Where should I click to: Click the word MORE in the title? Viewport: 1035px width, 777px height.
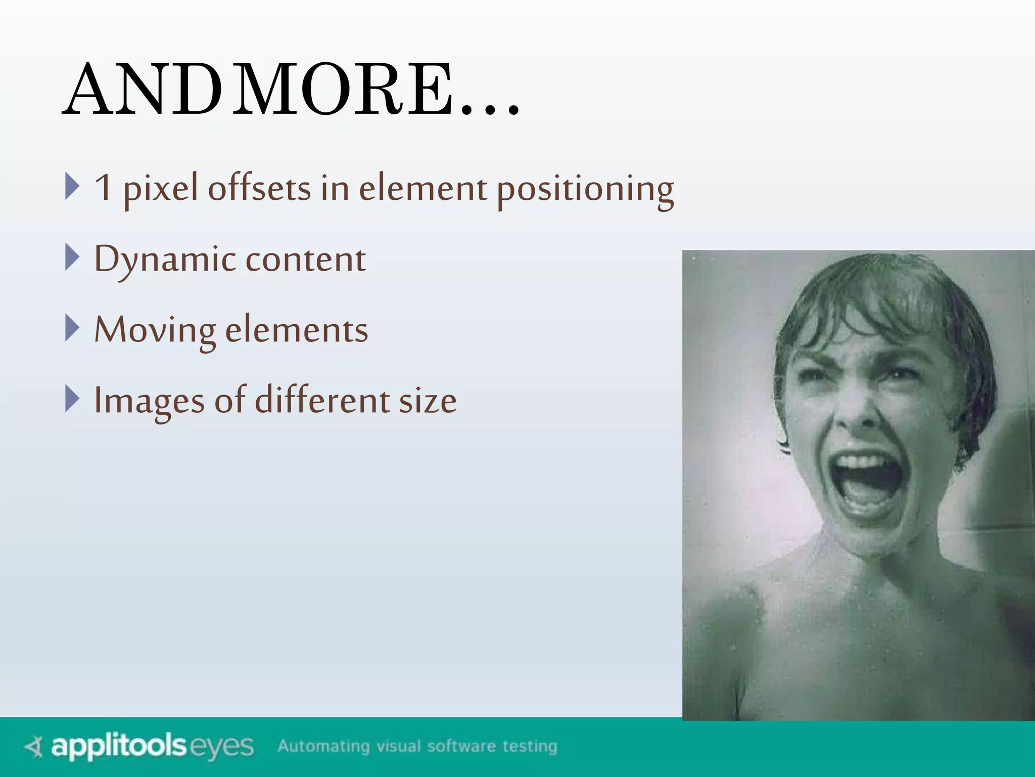click(x=344, y=89)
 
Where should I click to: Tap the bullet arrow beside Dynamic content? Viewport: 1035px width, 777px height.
click(x=72, y=257)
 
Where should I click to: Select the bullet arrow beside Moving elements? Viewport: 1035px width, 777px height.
click(x=72, y=328)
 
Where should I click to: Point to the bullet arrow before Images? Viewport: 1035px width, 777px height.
click(x=72, y=399)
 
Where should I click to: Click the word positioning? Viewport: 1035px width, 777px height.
click(x=585, y=189)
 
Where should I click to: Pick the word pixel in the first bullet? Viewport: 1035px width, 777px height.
click(x=161, y=189)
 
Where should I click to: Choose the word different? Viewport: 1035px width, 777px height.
click(x=322, y=401)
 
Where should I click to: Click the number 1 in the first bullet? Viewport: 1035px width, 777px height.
click(x=103, y=188)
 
